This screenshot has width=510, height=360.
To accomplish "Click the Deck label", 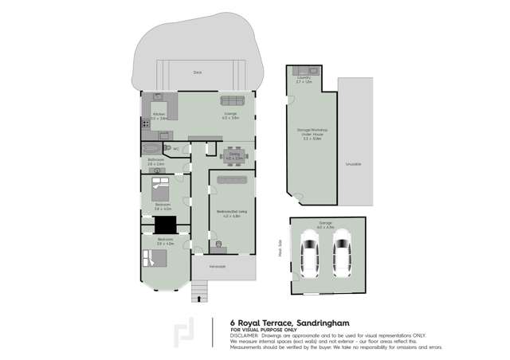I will click(x=197, y=72).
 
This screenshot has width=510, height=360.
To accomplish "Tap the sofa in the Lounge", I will click(x=232, y=100).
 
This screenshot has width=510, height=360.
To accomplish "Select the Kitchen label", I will click(x=157, y=114).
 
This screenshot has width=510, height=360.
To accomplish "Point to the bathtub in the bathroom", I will click(x=151, y=148).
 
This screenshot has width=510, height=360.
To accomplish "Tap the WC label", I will click(x=175, y=149).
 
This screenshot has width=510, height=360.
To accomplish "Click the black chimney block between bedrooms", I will click(x=165, y=225).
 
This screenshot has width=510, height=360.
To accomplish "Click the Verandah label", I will click(x=218, y=266).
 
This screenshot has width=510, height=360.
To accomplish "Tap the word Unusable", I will click(x=353, y=164).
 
